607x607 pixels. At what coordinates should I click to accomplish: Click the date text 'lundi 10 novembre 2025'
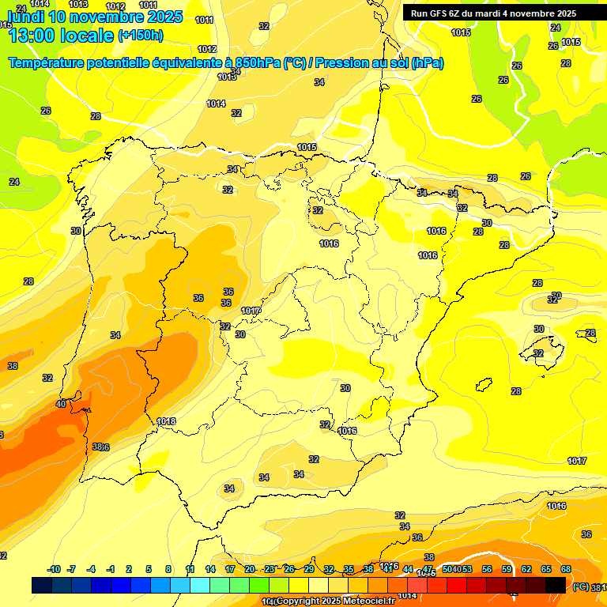95,17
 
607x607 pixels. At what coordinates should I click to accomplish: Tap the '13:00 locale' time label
59,35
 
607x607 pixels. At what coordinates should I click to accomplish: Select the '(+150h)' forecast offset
141,35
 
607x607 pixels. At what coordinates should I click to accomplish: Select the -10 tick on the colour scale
54,569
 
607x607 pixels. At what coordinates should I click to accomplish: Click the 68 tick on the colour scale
567,569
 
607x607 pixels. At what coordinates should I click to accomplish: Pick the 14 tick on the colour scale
210,569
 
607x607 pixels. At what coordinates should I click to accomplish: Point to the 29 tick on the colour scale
309,569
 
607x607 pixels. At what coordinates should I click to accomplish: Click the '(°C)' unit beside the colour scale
580,586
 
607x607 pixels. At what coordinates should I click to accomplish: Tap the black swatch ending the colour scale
556,585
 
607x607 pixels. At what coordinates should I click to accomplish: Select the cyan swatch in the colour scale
200,585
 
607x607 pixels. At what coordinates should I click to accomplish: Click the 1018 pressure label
166,421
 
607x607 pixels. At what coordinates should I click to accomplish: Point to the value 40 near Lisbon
61,404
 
